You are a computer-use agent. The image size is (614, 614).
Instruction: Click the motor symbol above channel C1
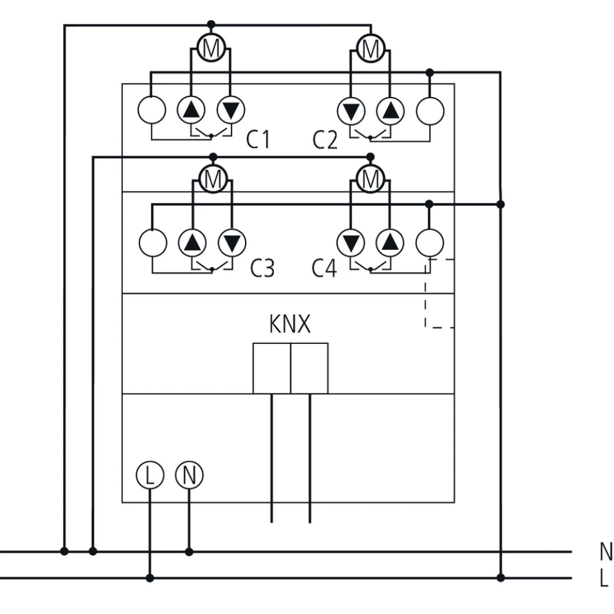tap(211, 49)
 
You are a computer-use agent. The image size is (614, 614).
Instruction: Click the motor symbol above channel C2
tap(370, 48)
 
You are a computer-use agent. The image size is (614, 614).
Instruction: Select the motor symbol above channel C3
tap(212, 179)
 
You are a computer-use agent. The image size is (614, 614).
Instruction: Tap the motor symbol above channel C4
tap(370, 179)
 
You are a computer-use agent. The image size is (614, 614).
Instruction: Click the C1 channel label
tap(258, 140)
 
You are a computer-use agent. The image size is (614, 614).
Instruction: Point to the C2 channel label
tap(325, 140)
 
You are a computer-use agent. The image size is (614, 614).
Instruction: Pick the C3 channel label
tap(262, 269)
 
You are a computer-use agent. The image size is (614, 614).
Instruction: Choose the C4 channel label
tap(324, 269)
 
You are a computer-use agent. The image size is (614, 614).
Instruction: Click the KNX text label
tap(290, 324)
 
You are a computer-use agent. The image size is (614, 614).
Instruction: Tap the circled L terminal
tap(149, 475)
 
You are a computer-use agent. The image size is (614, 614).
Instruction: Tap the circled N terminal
tap(189, 475)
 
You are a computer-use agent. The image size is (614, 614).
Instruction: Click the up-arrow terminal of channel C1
tap(192, 111)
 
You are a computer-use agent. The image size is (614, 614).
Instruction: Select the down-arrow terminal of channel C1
tap(231, 111)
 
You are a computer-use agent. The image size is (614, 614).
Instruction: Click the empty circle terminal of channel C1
tap(151, 111)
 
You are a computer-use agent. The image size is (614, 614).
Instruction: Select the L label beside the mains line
tap(604, 578)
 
